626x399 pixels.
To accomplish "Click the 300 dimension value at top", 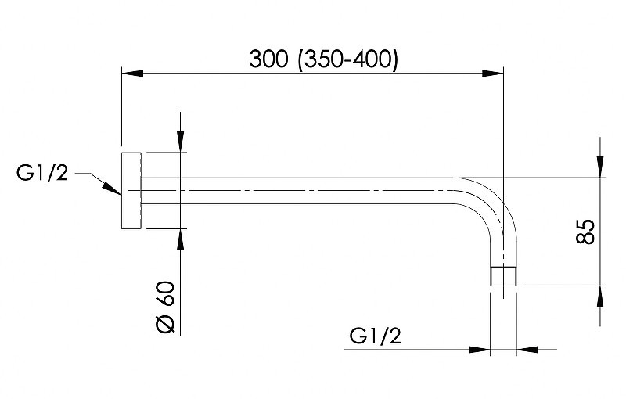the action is click(x=268, y=59).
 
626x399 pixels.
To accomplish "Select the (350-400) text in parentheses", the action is click(x=347, y=59).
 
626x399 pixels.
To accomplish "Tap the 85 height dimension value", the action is click(x=585, y=232).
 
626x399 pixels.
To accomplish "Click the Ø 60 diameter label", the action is click(x=165, y=307).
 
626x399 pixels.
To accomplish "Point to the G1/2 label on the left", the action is click(x=42, y=174).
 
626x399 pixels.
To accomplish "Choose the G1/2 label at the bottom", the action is click(x=375, y=336).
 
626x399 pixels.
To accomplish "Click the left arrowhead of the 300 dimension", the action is click(x=132, y=74).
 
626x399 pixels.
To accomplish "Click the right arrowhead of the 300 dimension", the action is click(x=493, y=74).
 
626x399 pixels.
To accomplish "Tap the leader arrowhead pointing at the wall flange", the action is click(x=113, y=189).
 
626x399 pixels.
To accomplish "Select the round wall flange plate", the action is click(x=131, y=191).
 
